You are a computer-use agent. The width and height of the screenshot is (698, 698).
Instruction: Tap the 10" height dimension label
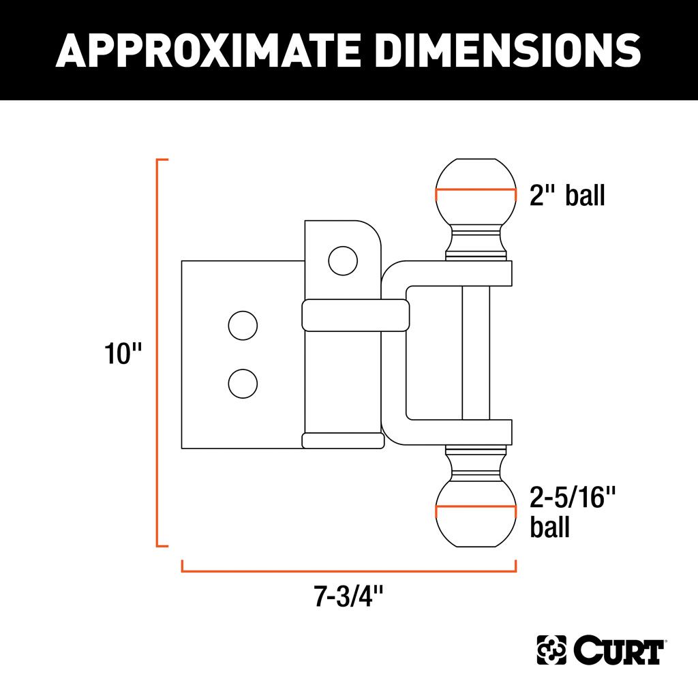[x=123, y=354]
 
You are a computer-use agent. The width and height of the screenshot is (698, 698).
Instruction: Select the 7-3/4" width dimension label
[x=348, y=596]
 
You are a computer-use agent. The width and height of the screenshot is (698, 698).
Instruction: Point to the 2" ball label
[x=567, y=195]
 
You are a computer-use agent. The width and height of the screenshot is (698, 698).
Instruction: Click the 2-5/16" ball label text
[x=573, y=511]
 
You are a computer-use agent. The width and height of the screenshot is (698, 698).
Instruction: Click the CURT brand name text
[x=619, y=650]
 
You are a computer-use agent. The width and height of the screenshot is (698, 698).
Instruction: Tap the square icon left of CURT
[x=551, y=650]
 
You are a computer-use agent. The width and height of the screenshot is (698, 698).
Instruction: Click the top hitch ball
[x=476, y=192]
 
